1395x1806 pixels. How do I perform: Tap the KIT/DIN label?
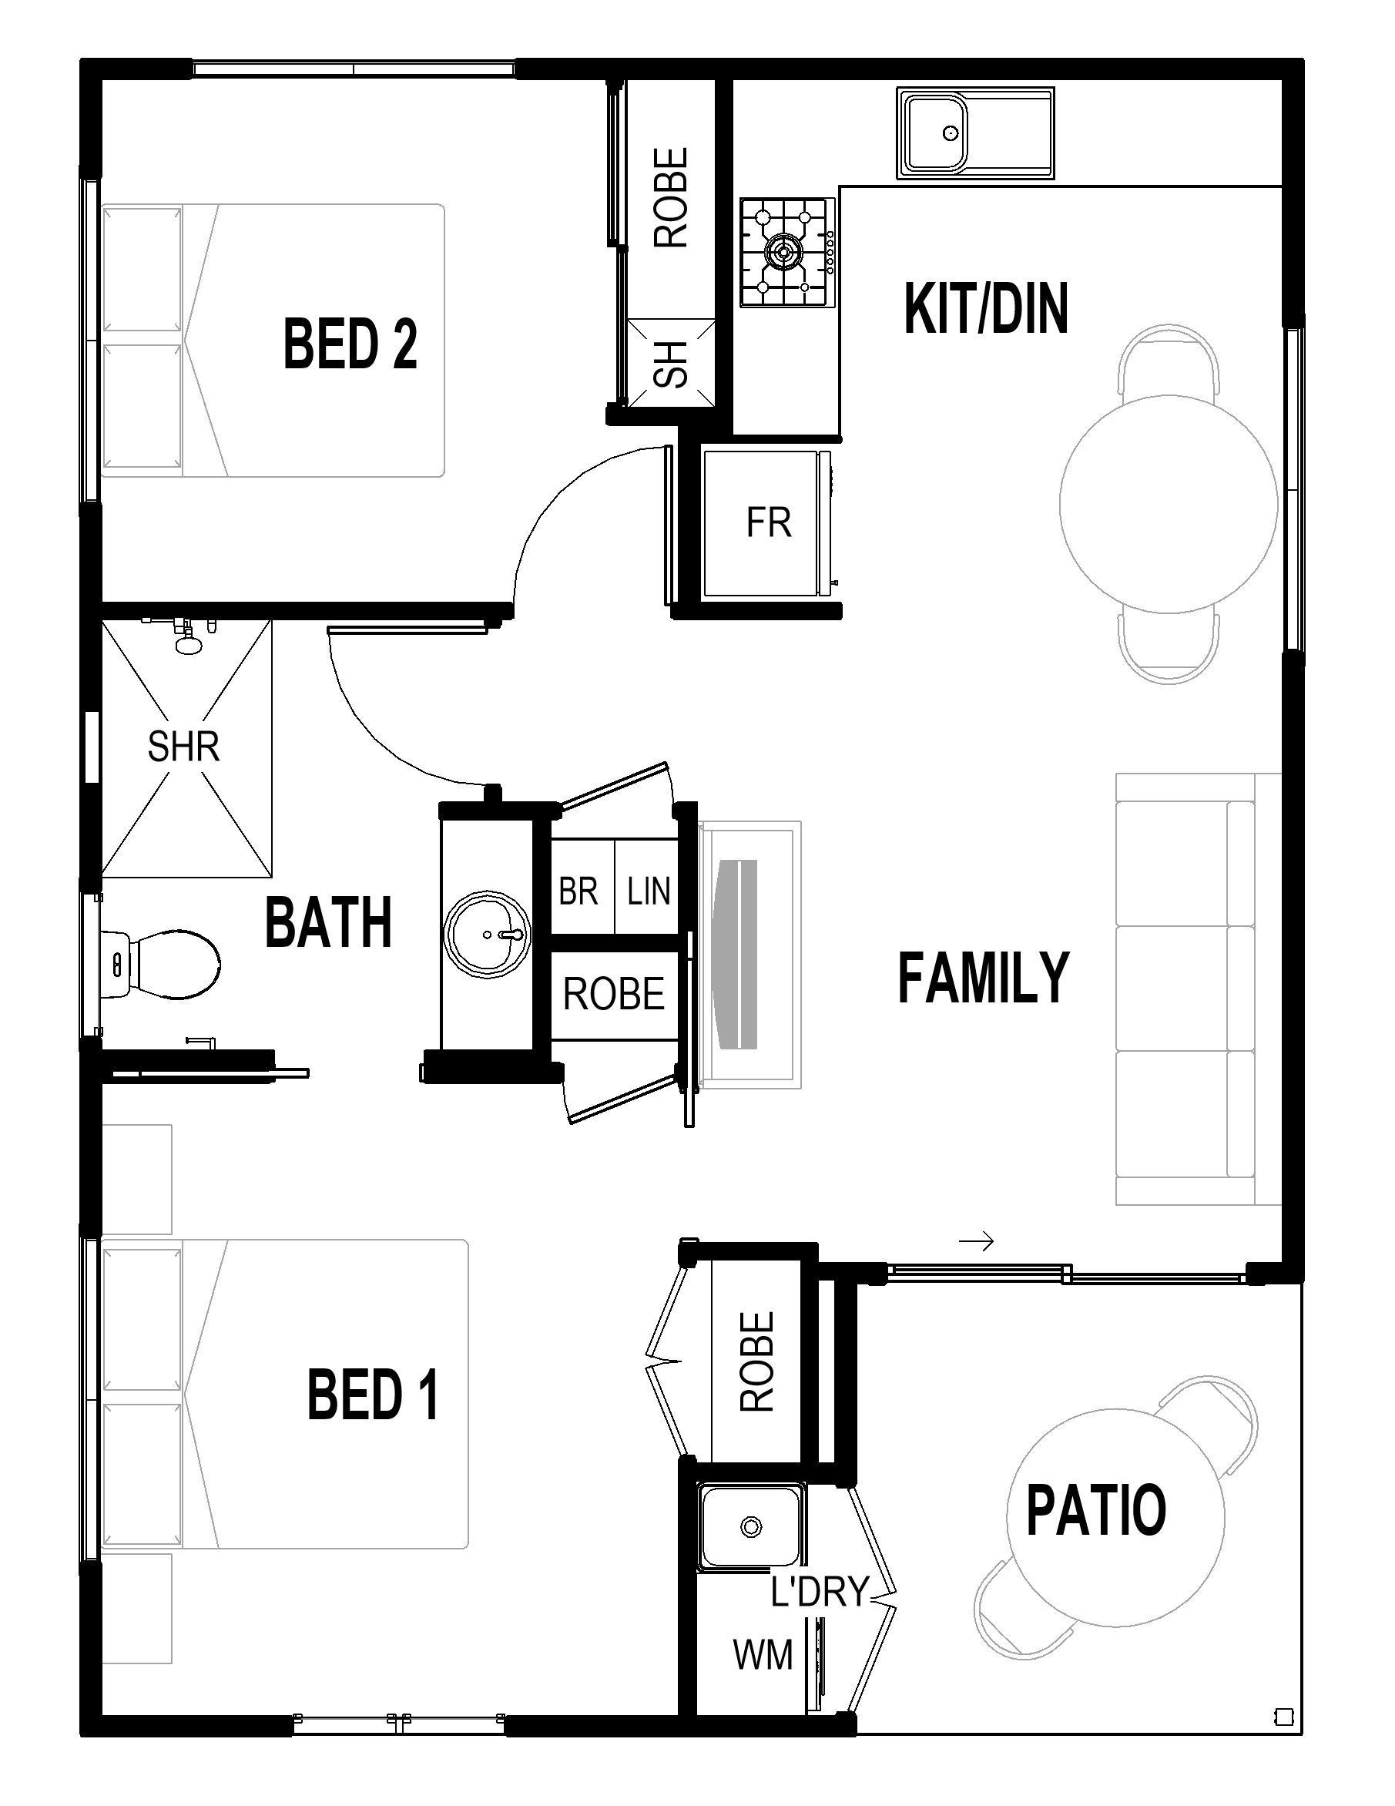pyautogui.click(x=986, y=308)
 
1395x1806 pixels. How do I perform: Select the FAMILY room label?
pyautogui.click(x=984, y=978)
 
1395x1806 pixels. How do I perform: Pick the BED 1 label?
pyautogui.click(x=373, y=1395)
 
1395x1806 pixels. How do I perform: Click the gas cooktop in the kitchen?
pyautogui.click(x=787, y=252)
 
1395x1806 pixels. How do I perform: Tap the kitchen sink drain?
pyautogui.click(x=950, y=133)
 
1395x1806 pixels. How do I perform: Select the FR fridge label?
pyautogui.click(x=768, y=522)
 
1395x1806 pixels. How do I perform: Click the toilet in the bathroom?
pyautogui.click(x=160, y=964)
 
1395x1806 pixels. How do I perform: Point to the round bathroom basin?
pyautogui.click(x=488, y=934)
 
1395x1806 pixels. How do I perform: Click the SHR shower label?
pyautogui.click(x=183, y=747)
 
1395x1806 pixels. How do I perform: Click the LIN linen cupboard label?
pyautogui.click(x=649, y=891)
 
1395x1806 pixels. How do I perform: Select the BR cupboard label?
pyautogui.click(x=578, y=891)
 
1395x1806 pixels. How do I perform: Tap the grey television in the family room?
pyautogui.click(x=739, y=955)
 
